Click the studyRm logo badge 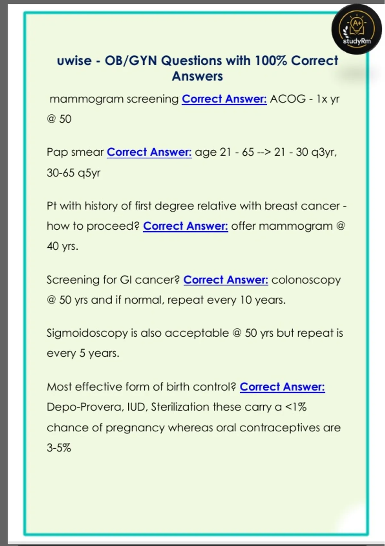point(357,29)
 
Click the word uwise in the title point(74,60)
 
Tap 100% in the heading point(271,60)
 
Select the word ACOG point(288,99)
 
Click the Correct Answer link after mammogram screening point(224,99)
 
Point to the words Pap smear point(75,152)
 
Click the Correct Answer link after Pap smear point(149,152)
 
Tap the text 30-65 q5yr point(73,173)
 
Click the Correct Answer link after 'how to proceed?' point(185,226)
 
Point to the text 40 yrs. point(63,246)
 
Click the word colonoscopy point(306,280)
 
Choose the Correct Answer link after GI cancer point(226,280)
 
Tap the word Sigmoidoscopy point(87,333)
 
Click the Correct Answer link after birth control point(282,387)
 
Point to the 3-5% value point(59,448)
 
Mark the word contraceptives point(279,428)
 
